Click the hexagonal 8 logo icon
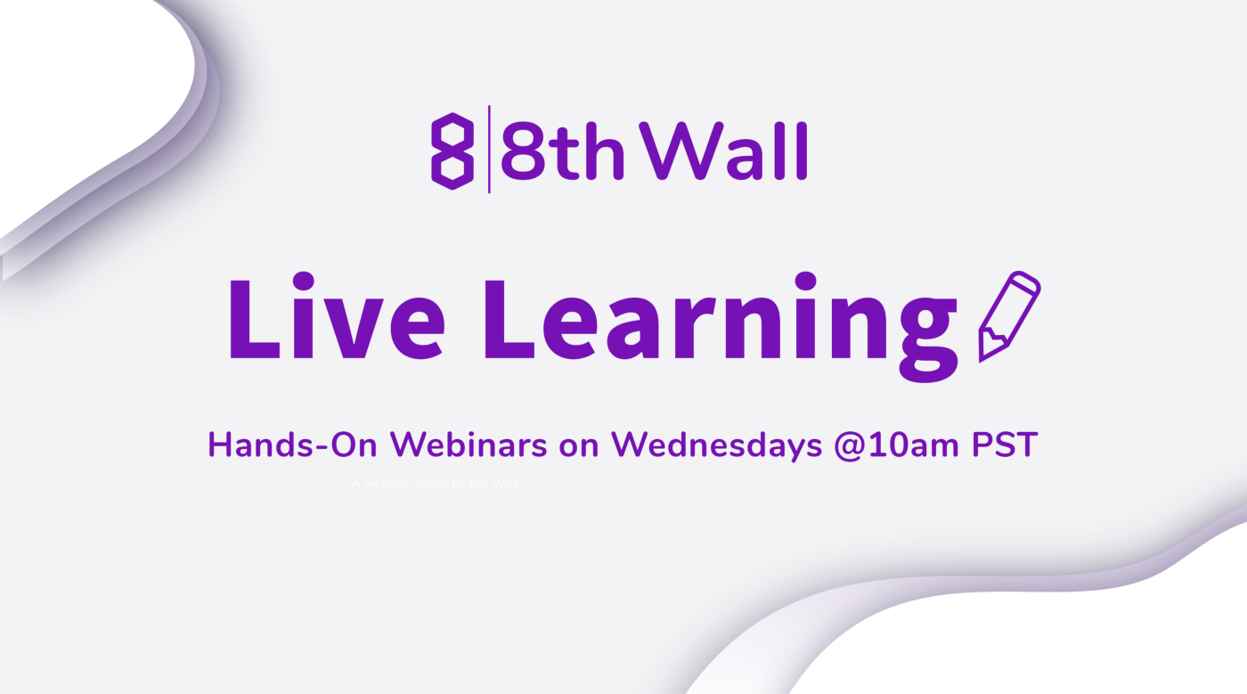tap(452, 151)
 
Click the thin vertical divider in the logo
tap(489, 149)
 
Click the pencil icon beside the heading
tap(1009, 317)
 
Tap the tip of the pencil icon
tap(983, 354)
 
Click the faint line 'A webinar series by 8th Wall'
tap(435, 483)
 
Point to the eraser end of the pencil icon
tap(1029, 283)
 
